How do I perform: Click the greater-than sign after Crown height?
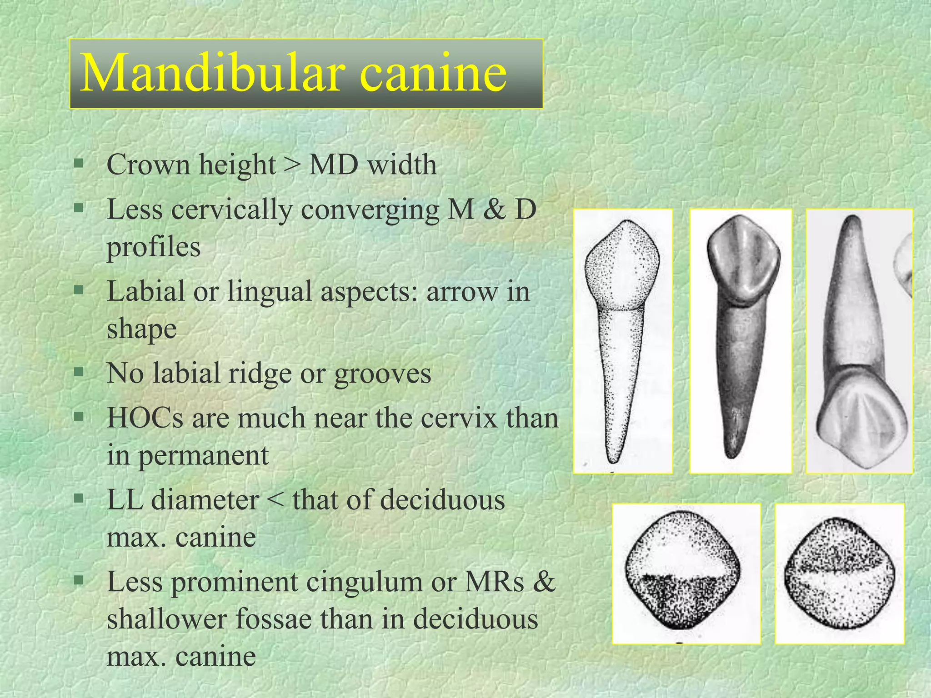click(x=292, y=165)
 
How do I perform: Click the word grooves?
click(x=382, y=374)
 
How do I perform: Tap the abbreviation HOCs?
click(x=145, y=418)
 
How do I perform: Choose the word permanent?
click(x=203, y=456)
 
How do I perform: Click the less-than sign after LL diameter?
click(x=275, y=501)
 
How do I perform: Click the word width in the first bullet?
click(x=402, y=165)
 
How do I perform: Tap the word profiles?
click(x=154, y=248)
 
